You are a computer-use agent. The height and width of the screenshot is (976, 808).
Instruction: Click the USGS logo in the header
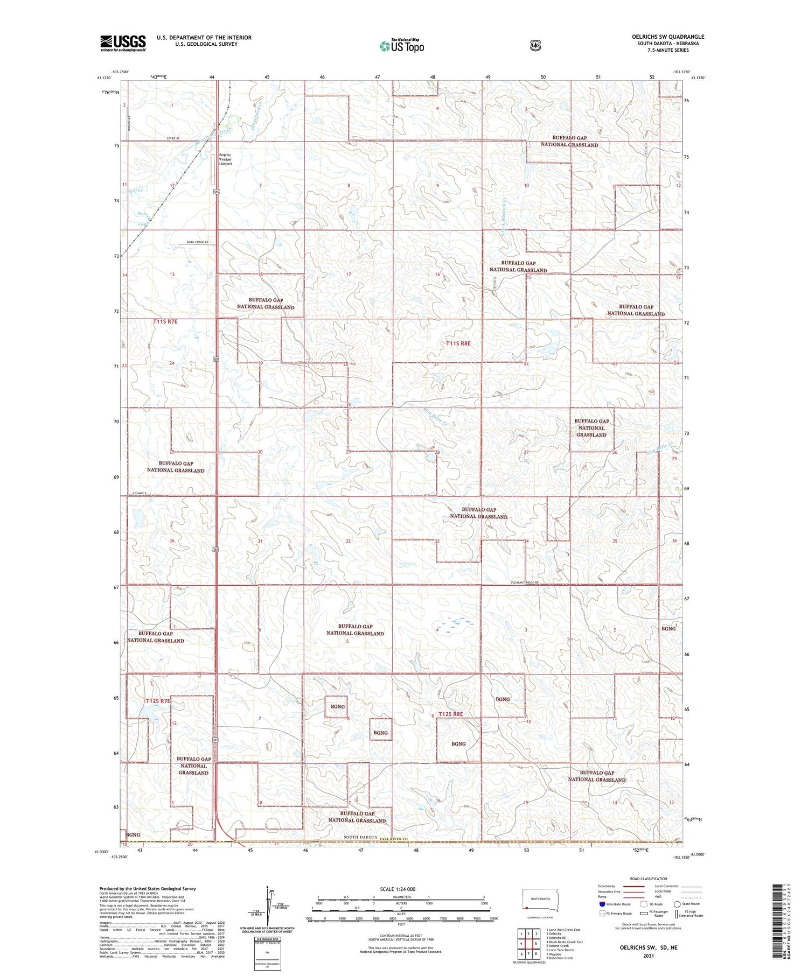point(123,43)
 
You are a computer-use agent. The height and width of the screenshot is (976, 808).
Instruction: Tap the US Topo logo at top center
point(402,46)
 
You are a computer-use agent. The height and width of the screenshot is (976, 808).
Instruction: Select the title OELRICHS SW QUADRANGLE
point(668,37)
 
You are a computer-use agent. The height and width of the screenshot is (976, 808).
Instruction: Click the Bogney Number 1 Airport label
point(225,159)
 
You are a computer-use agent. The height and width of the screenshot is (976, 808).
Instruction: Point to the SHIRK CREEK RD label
point(197,242)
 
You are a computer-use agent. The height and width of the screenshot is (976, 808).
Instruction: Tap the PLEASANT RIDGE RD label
point(525,582)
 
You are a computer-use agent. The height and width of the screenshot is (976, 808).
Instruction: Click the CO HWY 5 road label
point(140,494)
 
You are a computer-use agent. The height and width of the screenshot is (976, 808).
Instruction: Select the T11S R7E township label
point(165,321)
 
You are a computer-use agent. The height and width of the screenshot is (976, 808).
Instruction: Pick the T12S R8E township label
point(451,714)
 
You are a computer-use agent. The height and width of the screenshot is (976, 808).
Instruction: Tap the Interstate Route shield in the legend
point(602,904)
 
